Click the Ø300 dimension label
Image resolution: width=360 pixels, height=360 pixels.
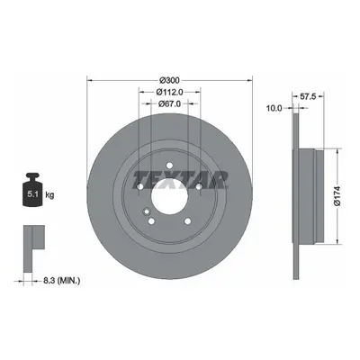coord(169,80)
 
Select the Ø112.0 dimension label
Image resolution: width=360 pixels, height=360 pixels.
coord(169,92)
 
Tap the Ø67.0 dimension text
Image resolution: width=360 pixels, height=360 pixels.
coord(169,103)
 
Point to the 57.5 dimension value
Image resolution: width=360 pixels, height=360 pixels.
coord(308,96)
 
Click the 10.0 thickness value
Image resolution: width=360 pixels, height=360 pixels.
coord(274,108)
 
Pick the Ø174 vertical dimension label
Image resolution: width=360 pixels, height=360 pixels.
coord(337,196)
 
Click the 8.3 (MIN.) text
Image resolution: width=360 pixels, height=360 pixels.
coord(62,281)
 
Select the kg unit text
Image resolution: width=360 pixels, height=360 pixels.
coord(49,195)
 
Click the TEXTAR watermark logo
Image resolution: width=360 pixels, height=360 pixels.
coord(180,180)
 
